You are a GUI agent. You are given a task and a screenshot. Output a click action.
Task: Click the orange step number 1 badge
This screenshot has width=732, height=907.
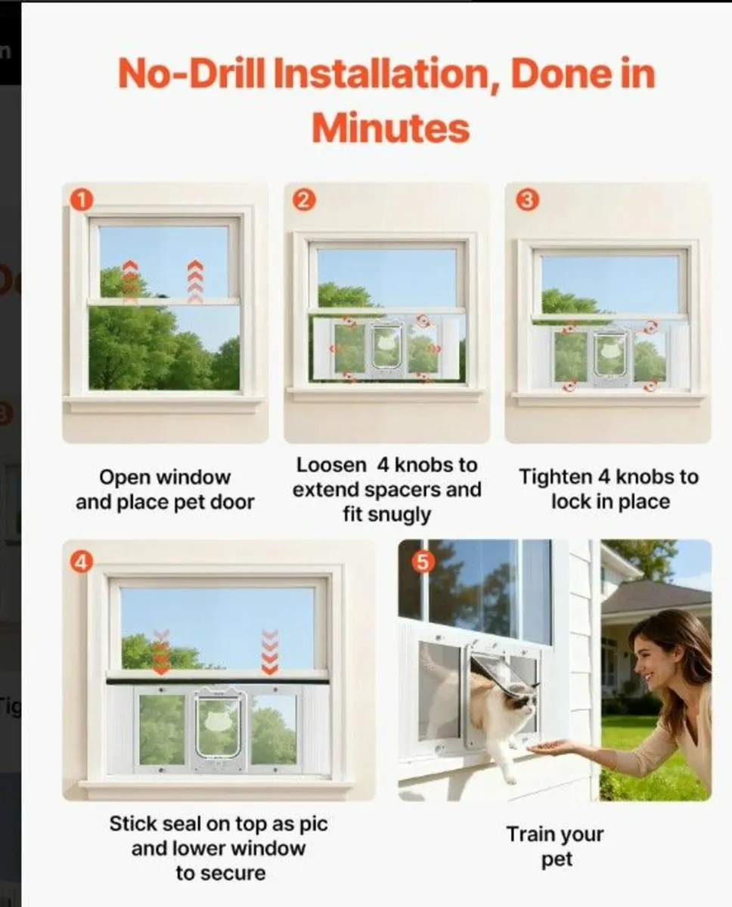(81, 200)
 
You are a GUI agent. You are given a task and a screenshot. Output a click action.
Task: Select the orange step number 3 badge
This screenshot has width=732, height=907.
(527, 201)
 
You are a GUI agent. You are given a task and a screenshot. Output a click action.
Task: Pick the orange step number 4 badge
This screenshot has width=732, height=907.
(81, 561)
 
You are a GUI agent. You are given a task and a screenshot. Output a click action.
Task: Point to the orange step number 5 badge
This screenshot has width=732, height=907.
(420, 562)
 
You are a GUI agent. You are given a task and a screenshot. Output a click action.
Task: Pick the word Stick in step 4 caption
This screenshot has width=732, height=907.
(132, 823)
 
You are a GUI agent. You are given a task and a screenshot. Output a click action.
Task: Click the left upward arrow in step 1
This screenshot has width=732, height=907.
(130, 280)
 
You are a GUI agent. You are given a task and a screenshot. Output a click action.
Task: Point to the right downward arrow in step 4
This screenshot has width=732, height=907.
(269, 652)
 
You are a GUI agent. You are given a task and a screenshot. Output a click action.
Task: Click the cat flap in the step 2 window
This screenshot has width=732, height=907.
(386, 348)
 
